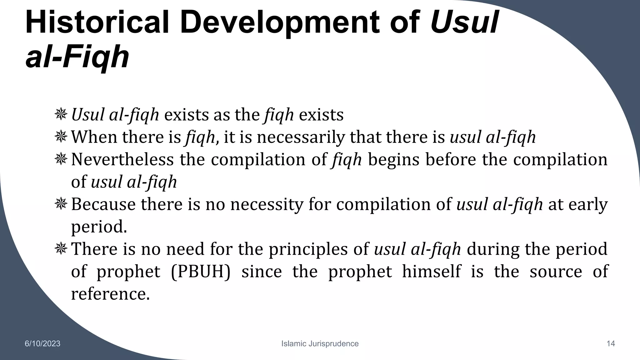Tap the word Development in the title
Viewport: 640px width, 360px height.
tap(279, 22)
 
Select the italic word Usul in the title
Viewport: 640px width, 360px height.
tap(464, 22)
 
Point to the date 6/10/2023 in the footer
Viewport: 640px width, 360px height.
tap(42, 344)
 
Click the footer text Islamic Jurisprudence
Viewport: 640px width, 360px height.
tap(320, 344)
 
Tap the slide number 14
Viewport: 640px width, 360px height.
tap(611, 344)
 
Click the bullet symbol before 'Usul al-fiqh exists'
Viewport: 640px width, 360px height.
tap(61, 114)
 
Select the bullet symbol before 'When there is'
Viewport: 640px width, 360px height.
tap(61, 137)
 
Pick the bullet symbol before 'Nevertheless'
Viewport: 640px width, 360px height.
tap(61, 159)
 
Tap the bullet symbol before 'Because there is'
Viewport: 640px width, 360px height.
tap(61, 204)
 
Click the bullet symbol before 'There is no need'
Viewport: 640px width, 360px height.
tap(61, 249)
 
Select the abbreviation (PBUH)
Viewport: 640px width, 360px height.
tap(200, 272)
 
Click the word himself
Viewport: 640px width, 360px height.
tap(431, 271)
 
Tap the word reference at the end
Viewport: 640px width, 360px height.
tap(110, 294)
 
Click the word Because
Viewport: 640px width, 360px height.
tap(103, 204)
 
